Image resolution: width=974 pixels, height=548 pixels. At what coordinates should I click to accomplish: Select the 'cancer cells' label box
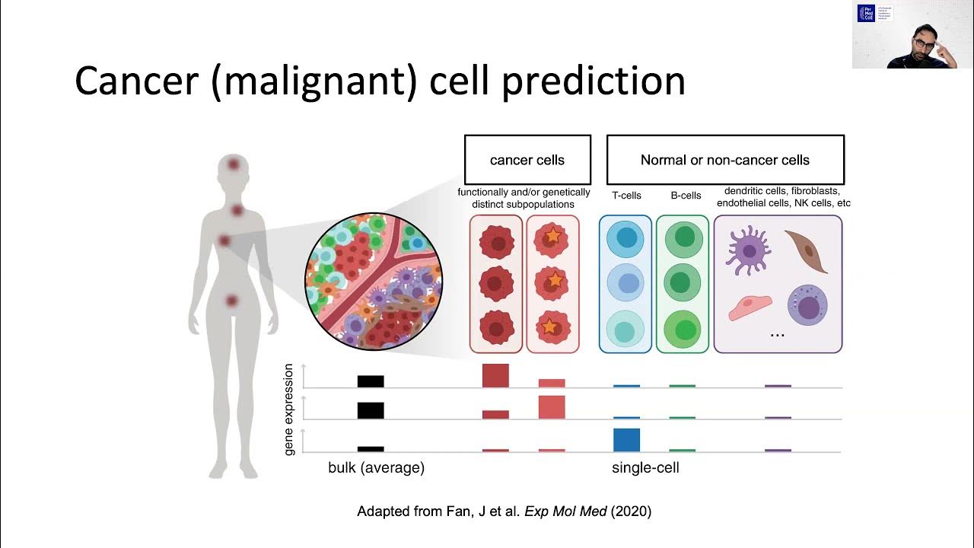click(x=527, y=160)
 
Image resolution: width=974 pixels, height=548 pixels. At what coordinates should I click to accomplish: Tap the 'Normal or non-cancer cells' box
click(x=724, y=160)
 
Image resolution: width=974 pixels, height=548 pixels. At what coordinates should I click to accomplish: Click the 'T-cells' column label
click(x=626, y=196)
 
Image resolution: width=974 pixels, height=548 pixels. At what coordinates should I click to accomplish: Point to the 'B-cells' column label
click(x=686, y=196)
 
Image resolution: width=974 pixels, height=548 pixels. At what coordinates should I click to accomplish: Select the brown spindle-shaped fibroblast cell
click(x=807, y=251)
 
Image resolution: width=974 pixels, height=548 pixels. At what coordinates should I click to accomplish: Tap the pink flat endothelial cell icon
click(x=750, y=308)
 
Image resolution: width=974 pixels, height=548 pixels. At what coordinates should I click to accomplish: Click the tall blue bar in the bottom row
click(x=626, y=440)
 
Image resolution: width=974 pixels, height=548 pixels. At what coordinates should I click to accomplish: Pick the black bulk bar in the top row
click(x=371, y=381)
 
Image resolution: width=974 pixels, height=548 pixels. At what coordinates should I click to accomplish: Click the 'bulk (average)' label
click(x=376, y=468)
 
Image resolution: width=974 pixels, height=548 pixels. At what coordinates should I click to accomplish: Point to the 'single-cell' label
click(x=645, y=468)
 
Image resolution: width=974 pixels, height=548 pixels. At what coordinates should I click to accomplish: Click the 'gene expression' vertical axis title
click(x=289, y=409)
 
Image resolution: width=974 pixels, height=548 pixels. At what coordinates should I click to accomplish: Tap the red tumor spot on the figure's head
click(x=232, y=164)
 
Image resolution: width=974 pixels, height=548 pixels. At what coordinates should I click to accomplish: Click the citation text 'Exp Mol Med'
click(x=565, y=511)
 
